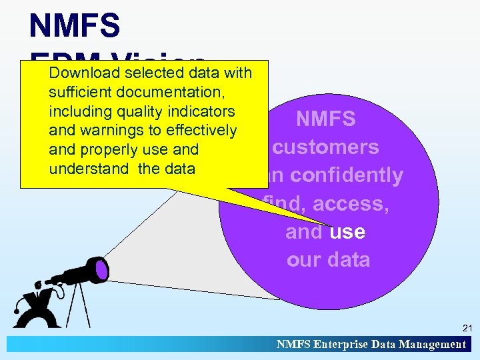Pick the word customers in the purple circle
coord(326,147)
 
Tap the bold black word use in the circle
coord(347,232)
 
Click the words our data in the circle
coord(328,259)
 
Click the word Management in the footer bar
coord(432,345)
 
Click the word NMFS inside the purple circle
coord(326,119)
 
